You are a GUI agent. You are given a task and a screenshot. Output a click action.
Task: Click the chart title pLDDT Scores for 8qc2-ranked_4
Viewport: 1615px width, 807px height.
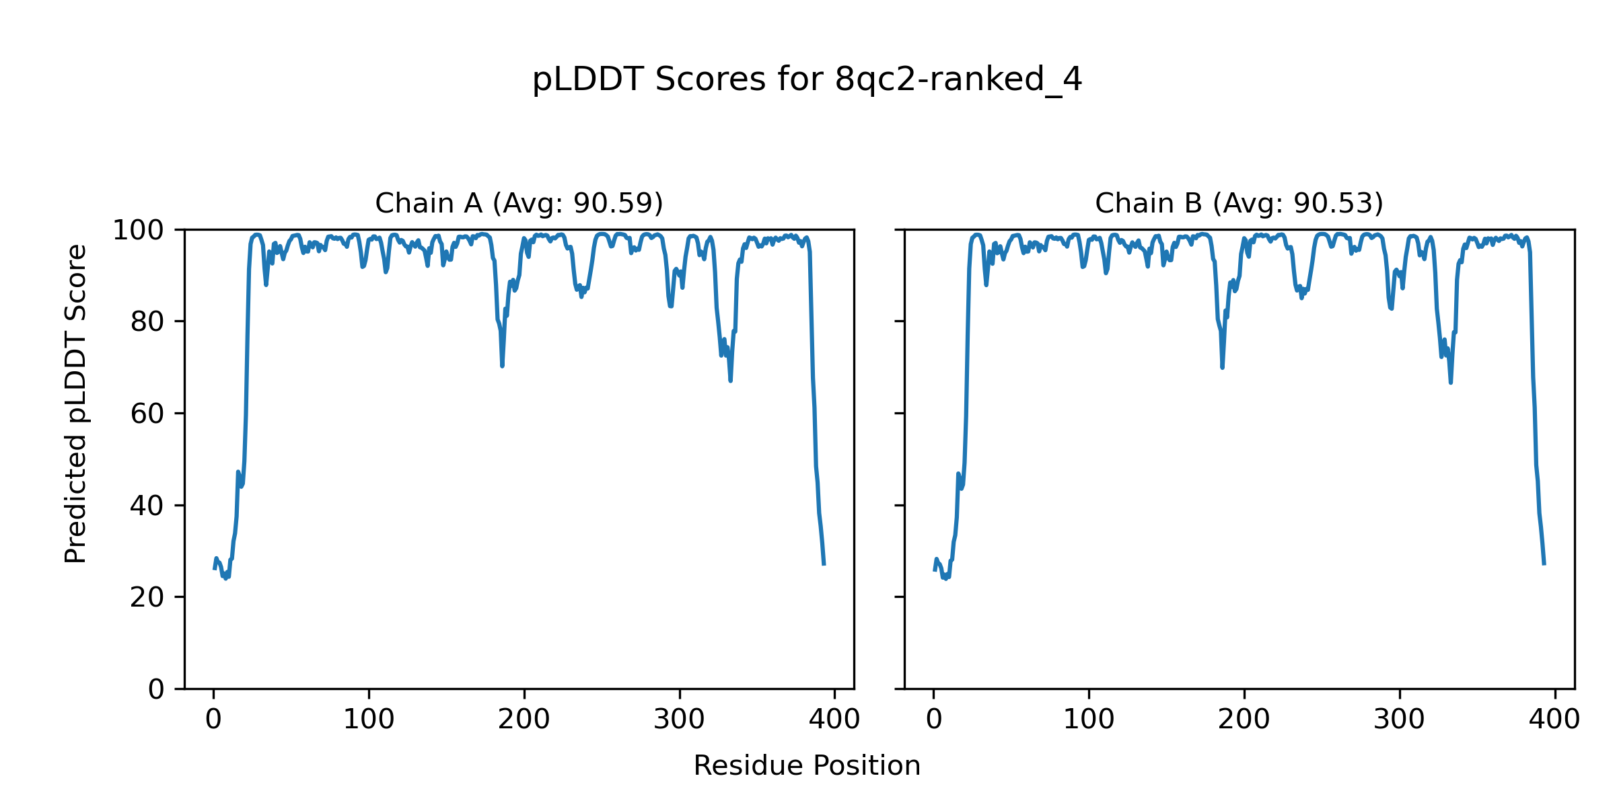[807, 80]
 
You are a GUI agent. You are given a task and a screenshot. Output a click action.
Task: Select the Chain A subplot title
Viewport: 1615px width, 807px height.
[519, 203]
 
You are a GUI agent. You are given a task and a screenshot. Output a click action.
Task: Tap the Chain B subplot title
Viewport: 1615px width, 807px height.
[1239, 203]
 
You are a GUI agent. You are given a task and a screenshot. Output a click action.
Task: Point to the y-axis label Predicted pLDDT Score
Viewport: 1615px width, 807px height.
[75, 403]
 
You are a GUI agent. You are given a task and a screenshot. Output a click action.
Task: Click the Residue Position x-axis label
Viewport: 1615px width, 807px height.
[807, 766]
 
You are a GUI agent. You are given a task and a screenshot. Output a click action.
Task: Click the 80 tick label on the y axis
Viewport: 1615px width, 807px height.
[147, 322]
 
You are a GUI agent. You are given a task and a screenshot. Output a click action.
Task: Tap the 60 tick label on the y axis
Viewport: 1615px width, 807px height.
[147, 414]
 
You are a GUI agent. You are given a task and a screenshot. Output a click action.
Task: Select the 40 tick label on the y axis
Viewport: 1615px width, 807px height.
[147, 506]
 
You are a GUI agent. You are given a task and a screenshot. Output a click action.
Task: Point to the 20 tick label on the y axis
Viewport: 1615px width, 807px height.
[147, 598]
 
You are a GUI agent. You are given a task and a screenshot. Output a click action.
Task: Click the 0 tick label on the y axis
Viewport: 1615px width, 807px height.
[156, 689]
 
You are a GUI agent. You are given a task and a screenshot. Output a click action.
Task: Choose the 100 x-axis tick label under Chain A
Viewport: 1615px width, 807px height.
[369, 720]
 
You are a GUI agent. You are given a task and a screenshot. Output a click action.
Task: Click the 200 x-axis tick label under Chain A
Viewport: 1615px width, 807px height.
[524, 720]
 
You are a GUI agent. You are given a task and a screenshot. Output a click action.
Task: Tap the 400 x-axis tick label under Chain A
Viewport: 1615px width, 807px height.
[834, 720]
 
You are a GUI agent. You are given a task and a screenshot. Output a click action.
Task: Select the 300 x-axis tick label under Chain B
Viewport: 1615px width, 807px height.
[1400, 720]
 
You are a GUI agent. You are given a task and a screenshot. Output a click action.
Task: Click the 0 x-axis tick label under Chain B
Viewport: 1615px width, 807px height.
[933, 720]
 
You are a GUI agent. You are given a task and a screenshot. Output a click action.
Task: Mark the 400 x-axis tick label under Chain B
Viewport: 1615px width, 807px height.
[1554, 720]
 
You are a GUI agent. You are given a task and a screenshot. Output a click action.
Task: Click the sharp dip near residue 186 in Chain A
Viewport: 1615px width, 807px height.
[502, 365]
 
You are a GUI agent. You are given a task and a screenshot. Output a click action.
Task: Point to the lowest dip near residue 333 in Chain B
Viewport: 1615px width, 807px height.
[1451, 382]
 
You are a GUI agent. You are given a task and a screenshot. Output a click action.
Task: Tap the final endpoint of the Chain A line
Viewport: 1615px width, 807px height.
[824, 564]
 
